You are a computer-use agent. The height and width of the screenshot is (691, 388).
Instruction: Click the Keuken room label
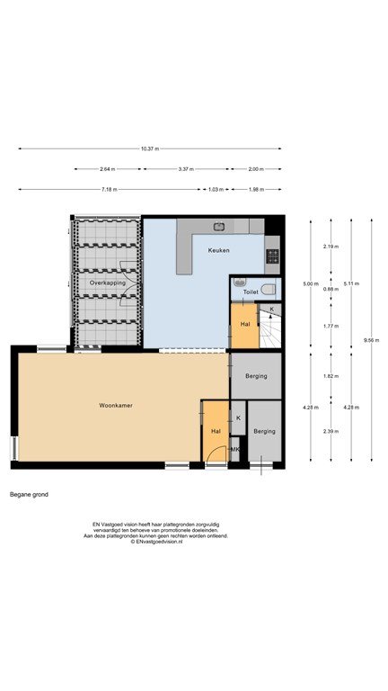[x=218, y=250]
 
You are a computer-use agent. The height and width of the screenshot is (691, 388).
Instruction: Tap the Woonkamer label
[x=116, y=405]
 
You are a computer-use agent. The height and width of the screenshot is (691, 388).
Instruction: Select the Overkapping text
[x=108, y=283]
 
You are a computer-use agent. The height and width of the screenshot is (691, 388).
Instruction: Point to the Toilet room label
[x=250, y=292]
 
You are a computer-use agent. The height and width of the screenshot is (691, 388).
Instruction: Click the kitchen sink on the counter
[x=218, y=227]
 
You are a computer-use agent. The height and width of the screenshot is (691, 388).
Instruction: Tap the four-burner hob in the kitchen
[x=272, y=256]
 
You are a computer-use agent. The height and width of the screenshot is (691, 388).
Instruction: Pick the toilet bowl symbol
[x=268, y=290]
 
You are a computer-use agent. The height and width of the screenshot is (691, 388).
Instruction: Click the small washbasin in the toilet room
[x=239, y=282]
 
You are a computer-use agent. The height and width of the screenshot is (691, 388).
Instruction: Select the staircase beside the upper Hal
[x=269, y=326]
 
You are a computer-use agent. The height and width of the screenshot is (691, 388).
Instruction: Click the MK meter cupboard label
[x=235, y=449]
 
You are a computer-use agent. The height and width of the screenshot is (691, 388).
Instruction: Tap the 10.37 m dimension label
[x=150, y=149]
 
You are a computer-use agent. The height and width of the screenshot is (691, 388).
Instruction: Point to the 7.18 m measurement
[x=110, y=190]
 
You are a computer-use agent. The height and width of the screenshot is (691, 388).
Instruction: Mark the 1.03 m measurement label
[x=213, y=190]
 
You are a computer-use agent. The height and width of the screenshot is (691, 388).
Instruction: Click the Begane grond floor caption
[x=29, y=495]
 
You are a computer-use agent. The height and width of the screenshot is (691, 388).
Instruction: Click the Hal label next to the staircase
[x=245, y=324]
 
